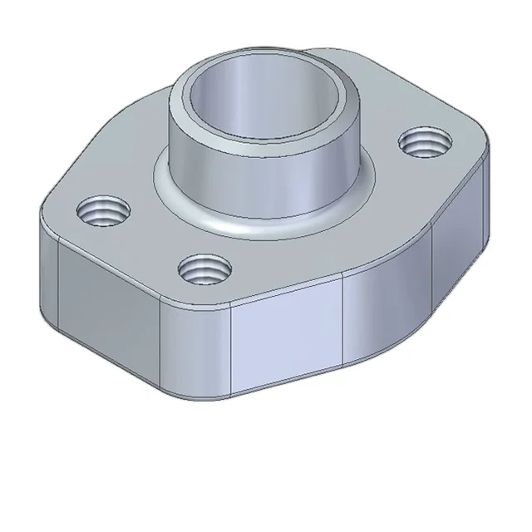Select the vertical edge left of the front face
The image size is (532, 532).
click(x=230, y=349)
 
